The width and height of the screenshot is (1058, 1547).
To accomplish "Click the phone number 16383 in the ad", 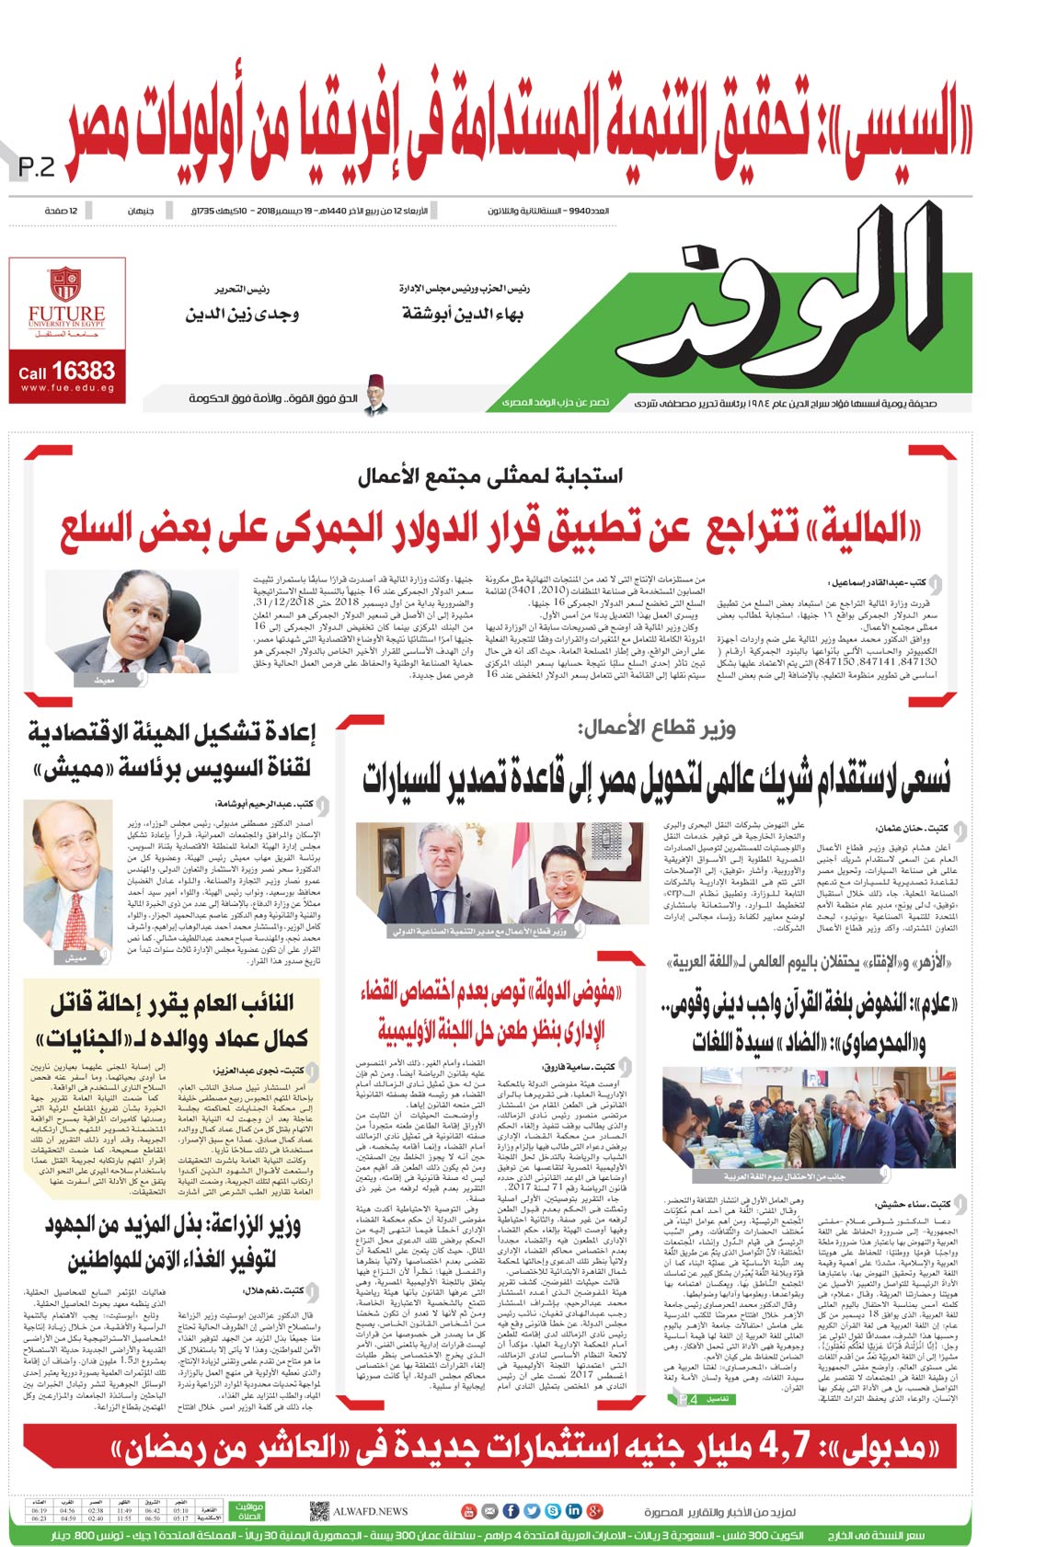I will [83, 371].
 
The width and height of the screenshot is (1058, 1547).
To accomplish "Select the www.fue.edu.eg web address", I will [66, 389].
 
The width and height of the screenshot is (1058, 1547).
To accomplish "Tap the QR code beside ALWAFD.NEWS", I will [318, 1510].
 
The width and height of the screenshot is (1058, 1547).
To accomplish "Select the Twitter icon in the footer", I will [532, 1510].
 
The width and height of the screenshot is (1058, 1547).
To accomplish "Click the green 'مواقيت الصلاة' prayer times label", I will [248, 1510].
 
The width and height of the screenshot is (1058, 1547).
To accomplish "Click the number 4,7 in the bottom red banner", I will [784, 1446].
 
